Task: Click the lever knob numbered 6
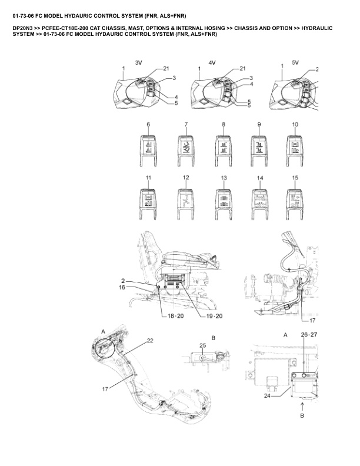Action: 148,151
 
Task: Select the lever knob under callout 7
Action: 186,151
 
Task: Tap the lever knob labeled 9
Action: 259,151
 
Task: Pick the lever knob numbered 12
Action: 186,204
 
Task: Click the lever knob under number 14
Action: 260,204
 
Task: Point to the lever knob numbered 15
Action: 295,204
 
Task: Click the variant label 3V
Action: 138,63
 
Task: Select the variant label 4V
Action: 212,63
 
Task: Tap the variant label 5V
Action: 295,63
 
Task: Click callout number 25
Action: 202,345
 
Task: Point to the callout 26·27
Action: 309,335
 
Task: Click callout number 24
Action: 267,395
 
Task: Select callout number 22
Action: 150,340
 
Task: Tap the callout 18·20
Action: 175,316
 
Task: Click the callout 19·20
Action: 214,316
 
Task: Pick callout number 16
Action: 122,287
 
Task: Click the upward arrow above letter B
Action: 302,406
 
